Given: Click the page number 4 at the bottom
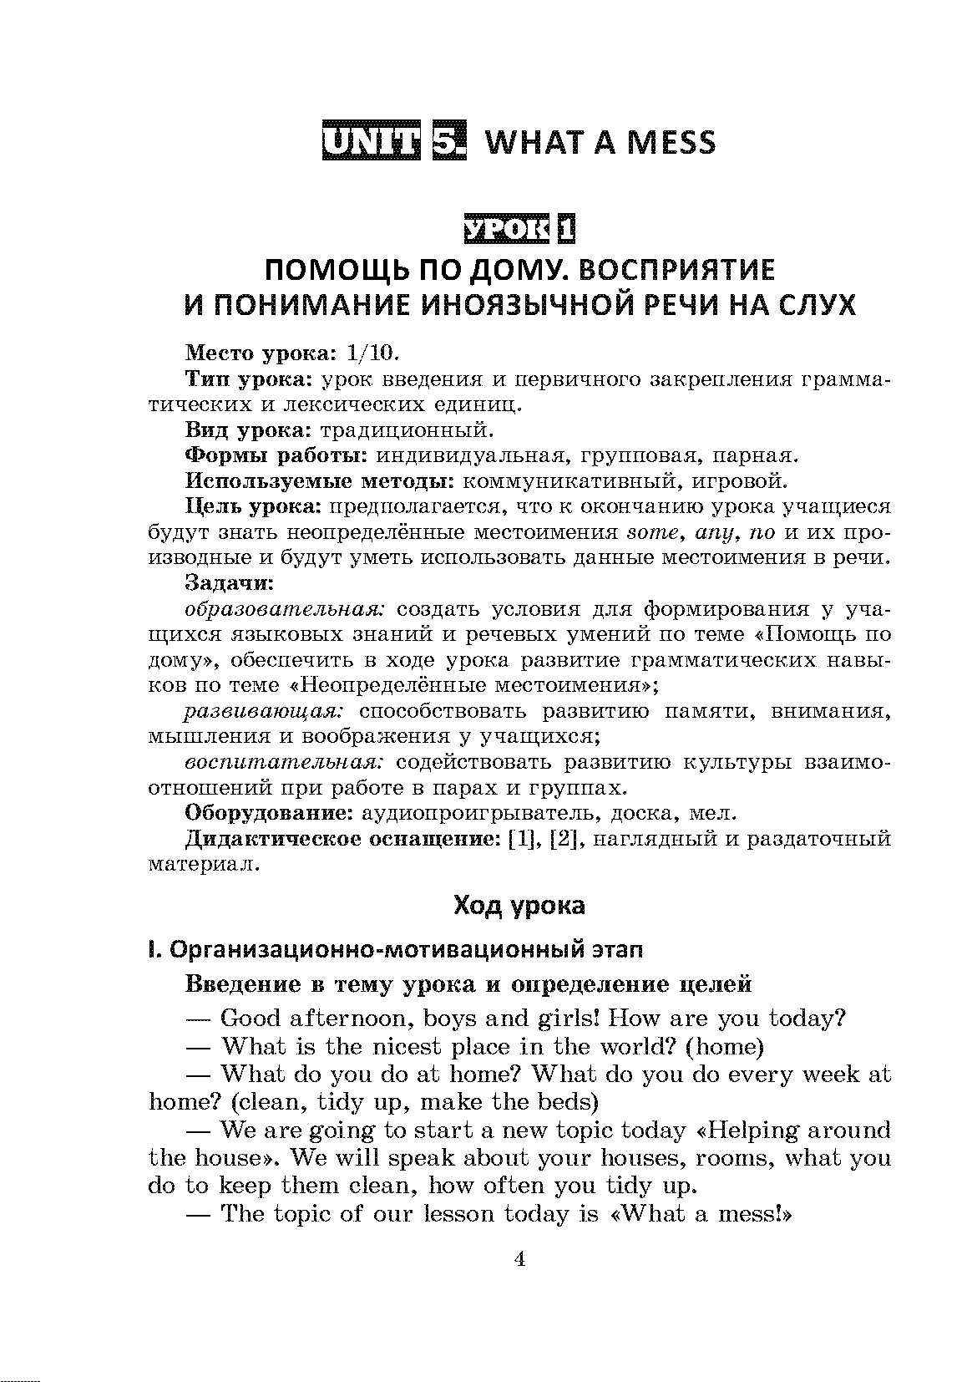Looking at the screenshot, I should click(x=519, y=1260).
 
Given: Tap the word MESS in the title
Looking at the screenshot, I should click(x=671, y=143).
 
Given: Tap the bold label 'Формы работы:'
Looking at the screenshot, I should click(x=276, y=456).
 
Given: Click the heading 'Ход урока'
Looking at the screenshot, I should click(x=519, y=905).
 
